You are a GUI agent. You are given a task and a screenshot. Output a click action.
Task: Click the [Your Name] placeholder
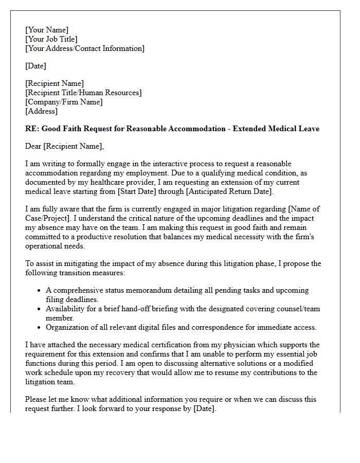pyautogui.click(x=47, y=30)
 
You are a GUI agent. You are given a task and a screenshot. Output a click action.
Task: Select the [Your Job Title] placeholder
pyautogui.click(x=51, y=39)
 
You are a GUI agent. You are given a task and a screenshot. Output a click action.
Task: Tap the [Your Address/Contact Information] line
pyautogui.click(x=85, y=48)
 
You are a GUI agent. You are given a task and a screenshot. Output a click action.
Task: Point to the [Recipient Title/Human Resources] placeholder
pyautogui.click(x=83, y=93)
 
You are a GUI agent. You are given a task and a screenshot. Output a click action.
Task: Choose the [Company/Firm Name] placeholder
pyautogui.click(x=64, y=102)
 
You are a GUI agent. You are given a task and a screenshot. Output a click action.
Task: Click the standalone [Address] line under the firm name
pyautogui.click(x=42, y=111)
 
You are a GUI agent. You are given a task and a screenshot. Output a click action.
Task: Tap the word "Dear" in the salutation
pyautogui.click(x=33, y=147)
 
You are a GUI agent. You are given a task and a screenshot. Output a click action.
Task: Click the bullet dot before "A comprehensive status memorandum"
pyautogui.click(x=39, y=291)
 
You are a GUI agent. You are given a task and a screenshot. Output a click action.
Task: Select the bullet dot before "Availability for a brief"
pyautogui.click(x=39, y=309)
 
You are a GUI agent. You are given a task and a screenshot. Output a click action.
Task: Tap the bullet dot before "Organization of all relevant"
pyautogui.click(x=39, y=328)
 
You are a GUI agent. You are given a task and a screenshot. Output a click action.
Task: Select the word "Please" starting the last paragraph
pyautogui.click(x=36, y=399)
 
